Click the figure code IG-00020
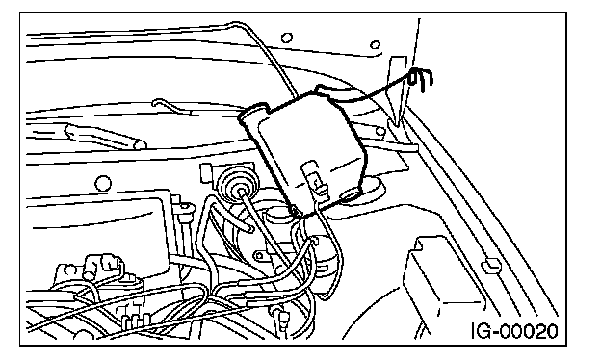pyautogui.click(x=514, y=331)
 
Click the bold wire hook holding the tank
pyautogui.click(x=421, y=79)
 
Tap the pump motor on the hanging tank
pyautogui.click(x=315, y=180)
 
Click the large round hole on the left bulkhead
pyautogui.click(x=102, y=184)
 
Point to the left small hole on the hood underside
pyautogui.click(x=286, y=38)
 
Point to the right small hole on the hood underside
pyautogui.click(x=375, y=45)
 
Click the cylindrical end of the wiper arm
pyautogui.click(x=140, y=144)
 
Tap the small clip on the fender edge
pyautogui.click(x=491, y=265)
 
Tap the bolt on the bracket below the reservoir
pyautogui.click(x=259, y=255)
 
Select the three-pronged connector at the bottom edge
pyautogui.click(x=135, y=319)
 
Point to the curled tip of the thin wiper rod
pyautogui.click(x=157, y=103)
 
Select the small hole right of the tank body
pyautogui.click(x=379, y=131)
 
